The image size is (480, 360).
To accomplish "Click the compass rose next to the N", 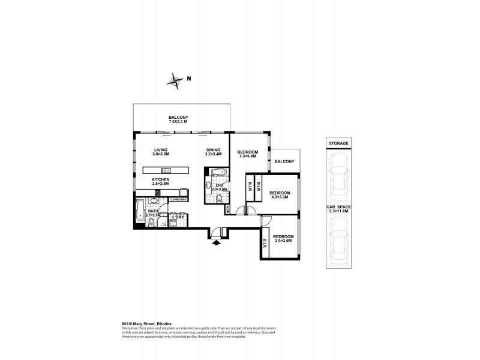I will point(176,80).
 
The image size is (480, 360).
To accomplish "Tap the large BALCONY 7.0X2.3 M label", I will point(178,119).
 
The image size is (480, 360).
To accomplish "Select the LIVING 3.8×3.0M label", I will point(161,152).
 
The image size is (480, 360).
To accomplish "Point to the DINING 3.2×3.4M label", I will point(213,152).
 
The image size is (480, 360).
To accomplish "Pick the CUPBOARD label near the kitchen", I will point(179,199).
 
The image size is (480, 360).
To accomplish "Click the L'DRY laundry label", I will point(178,217).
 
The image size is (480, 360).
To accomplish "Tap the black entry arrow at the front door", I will point(217,242).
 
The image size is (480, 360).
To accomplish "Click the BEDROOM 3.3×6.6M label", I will point(248,155).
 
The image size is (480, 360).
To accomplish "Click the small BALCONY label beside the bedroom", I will point(284,161).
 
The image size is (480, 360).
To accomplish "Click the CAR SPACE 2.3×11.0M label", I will point(339,209).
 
